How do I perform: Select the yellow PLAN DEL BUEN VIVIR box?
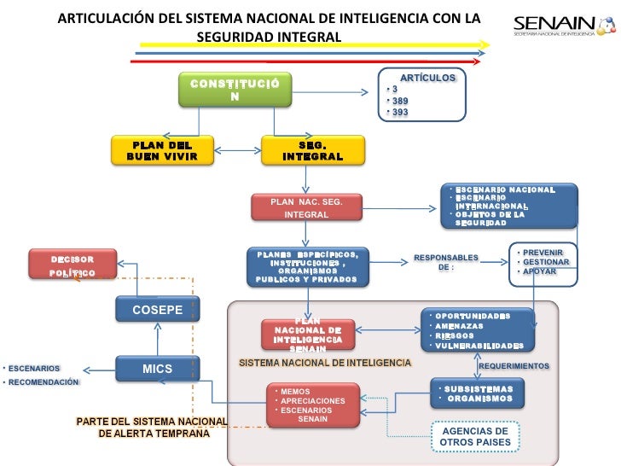[x=162, y=150]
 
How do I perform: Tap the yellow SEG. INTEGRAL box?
[x=313, y=150]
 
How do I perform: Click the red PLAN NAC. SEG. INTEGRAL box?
[x=305, y=207]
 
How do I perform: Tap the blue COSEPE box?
[x=157, y=309]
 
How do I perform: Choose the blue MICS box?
[x=157, y=369]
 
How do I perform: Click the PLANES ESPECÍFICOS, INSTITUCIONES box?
[x=307, y=266]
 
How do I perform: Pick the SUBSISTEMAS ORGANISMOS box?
[x=477, y=393]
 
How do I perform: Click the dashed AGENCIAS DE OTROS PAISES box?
[x=475, y=436]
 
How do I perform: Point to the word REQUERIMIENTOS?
[x=514, y=365]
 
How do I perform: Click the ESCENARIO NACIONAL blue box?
[x=508, y=205]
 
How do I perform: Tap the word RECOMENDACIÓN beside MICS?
[x=42, y=382]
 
